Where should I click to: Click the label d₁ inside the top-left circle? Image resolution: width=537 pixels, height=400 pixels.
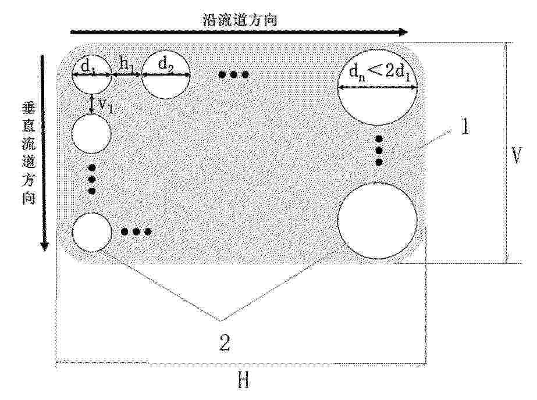coord(88,65)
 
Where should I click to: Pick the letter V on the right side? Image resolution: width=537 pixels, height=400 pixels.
coord(516,156)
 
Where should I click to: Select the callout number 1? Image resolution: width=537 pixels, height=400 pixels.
coord(465,127)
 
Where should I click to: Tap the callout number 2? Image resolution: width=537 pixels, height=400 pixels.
coord(225,342)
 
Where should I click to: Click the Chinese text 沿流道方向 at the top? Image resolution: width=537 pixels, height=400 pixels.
coord(239,20)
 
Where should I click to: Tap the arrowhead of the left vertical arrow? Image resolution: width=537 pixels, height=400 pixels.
coord(45,246)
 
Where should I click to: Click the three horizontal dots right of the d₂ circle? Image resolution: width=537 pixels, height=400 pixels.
coord(233,74)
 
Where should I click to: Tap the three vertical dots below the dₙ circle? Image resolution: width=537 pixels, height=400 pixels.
coord(379,150)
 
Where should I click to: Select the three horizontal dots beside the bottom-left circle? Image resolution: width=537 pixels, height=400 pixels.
coord(136,232)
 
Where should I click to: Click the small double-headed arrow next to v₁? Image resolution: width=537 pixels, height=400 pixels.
coord(91,104)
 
